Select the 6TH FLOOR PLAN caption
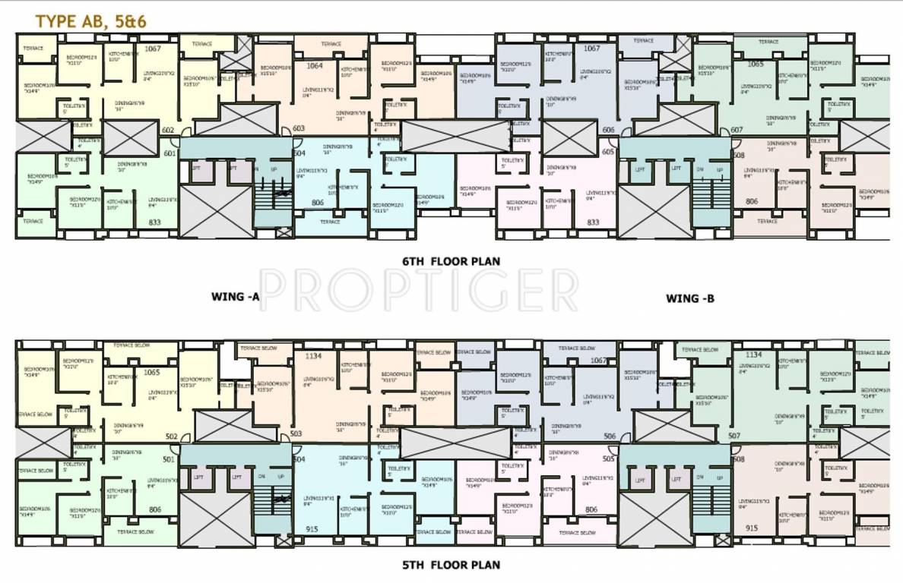tap(451, 261)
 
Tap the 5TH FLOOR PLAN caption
tap(451, 565)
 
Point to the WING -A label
tap(236, 298)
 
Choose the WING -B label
tap(689, 298)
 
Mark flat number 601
tap(169, 153)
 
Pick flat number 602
tap(169, 130)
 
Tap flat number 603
tap(299, 129)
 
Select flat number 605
tap(608, 152)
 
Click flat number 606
tap(608, 130)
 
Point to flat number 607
tap(737, 130)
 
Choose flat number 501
tap(169, 459)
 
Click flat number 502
tap(172, 436)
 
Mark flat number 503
tap(296, 434)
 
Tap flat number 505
tap(608, 459)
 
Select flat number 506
tap(610, 436)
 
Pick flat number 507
tap(734, 436)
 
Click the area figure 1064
tap(315, 66)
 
